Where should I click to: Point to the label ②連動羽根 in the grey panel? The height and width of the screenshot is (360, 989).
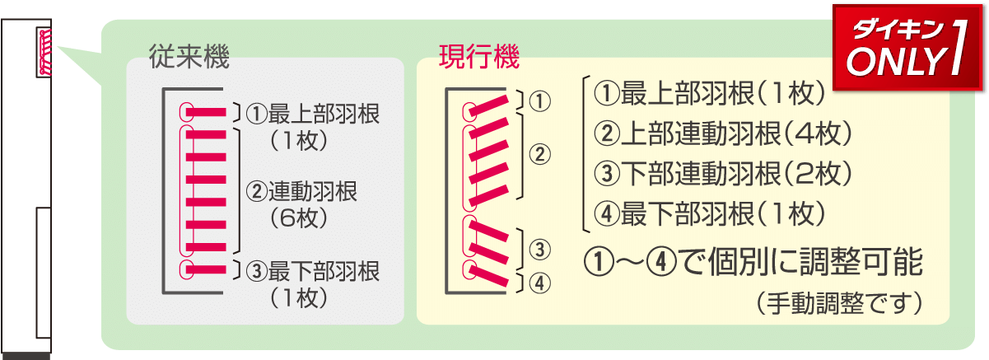(302, 191)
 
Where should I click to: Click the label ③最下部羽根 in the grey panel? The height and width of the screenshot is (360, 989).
(312, 269)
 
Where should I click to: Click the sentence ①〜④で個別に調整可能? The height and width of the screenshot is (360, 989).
(753, 264)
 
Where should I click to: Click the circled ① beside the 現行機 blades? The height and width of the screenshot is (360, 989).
(539, 101)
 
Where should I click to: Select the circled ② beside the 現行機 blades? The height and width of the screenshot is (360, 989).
(539, 153)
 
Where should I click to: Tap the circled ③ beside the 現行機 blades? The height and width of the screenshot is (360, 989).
(539, 248)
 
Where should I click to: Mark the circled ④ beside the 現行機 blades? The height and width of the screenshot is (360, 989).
(539, 283)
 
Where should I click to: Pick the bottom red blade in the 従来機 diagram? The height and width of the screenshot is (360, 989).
(206, 269)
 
